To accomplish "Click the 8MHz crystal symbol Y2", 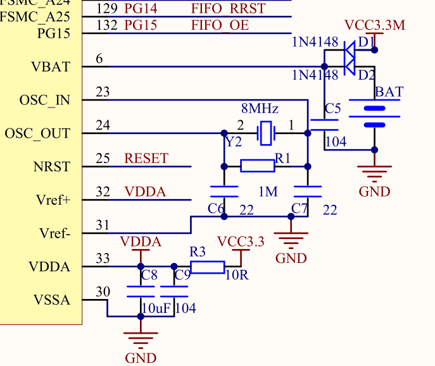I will (266, 133).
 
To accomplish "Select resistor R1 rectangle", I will (258, 166).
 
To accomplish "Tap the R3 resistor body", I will (207, 267).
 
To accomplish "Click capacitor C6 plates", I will (224, 192).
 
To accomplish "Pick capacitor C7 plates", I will (307, 192).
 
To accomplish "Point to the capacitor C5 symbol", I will (324, 125).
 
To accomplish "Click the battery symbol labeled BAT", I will (374, 116).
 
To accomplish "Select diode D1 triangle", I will (349, 49).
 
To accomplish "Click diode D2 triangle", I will (349, 66).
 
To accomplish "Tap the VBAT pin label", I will (51, 66).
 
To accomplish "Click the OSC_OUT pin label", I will (37, 134).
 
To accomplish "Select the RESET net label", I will (147, 158).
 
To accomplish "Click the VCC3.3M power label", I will (374, 26).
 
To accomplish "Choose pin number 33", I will (103, 258).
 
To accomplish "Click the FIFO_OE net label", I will (220, 26).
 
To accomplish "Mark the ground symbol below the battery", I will (374, 175).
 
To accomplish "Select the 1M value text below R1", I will (268, 192).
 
